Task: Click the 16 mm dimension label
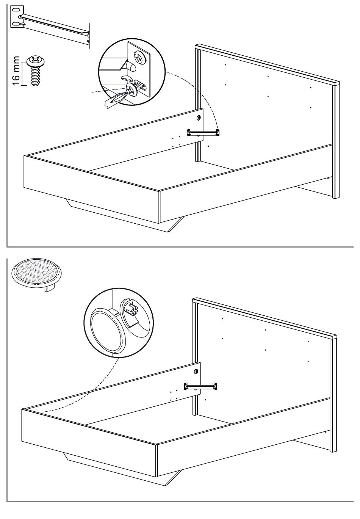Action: coord(16,71)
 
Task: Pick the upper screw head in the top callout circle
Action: coord(139,58)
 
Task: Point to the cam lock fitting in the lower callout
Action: coord(131,307)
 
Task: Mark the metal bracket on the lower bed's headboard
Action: coord(201,386)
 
